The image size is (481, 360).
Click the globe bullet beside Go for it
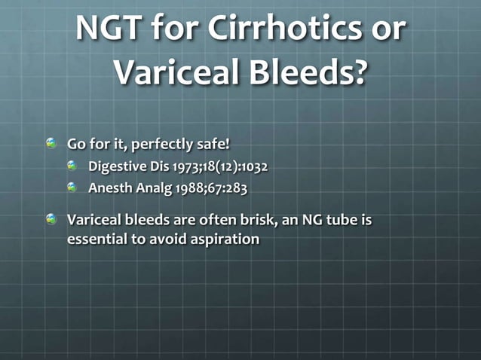(51, 143)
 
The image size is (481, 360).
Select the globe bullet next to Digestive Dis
(72, 165)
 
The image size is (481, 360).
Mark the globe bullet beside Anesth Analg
(72, 188)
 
